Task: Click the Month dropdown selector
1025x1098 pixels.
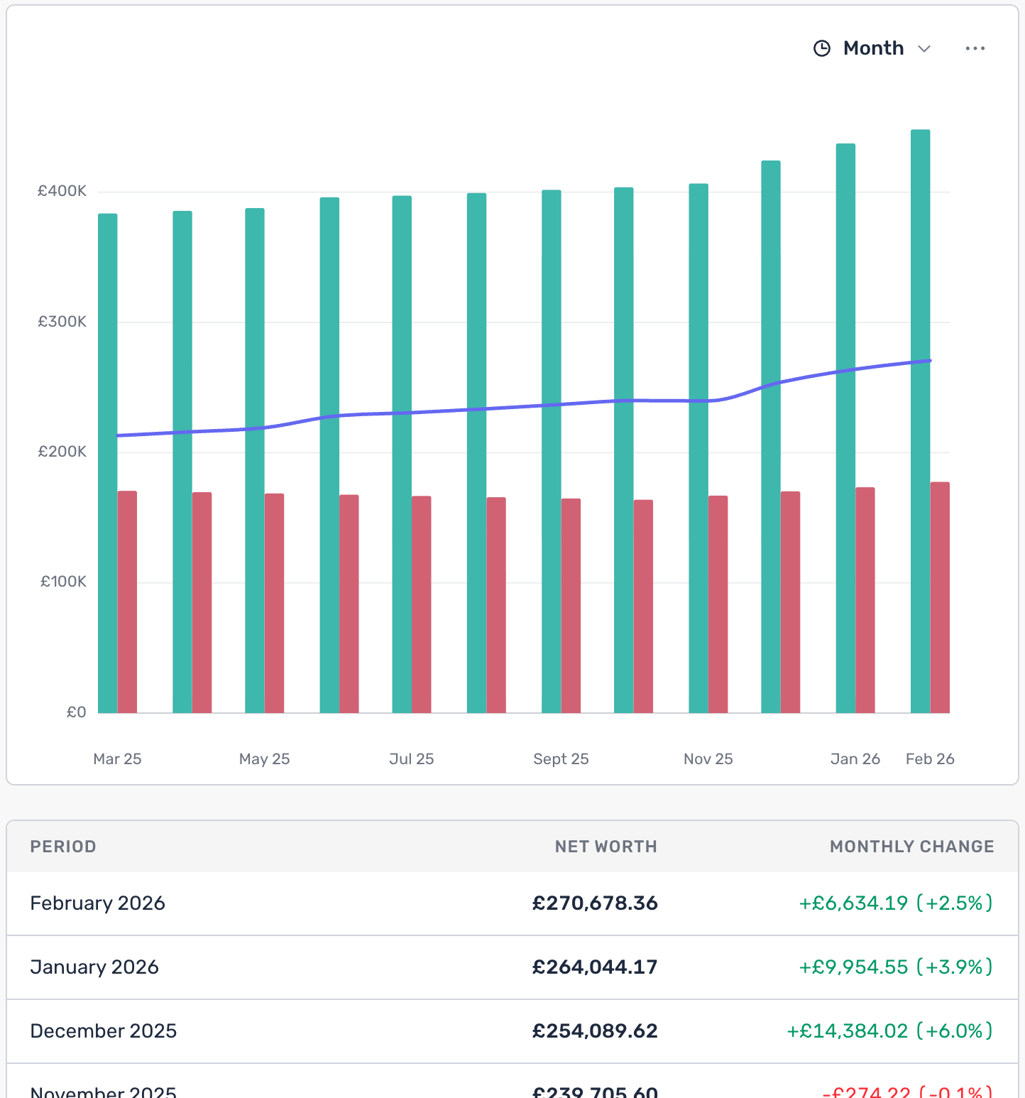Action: pos(873,48)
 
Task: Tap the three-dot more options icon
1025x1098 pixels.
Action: pos(975,48)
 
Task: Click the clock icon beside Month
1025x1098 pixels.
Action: pos(822,48)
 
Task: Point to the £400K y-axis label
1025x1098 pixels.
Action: pos(62,191)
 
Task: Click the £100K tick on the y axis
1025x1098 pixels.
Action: pos(63,582)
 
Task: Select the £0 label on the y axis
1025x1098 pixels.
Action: pos(76,712)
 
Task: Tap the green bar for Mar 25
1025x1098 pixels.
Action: pos(108,462)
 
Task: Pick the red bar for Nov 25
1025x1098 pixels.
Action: pos(718,604)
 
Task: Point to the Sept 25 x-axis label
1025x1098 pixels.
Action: pos(561,759)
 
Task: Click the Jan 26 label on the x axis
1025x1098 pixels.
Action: pos(855,759)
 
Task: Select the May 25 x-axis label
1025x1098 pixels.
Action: pos(264,759)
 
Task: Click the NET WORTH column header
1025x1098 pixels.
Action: pos(605,847)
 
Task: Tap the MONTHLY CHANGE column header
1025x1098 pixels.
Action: pos(911,847)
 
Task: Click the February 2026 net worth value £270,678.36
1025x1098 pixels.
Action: pos(595,903)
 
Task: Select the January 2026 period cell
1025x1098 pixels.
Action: pos(94,967)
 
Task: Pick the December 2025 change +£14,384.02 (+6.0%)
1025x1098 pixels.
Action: pos(889,1031)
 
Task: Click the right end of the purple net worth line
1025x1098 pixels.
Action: pos(928,361)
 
